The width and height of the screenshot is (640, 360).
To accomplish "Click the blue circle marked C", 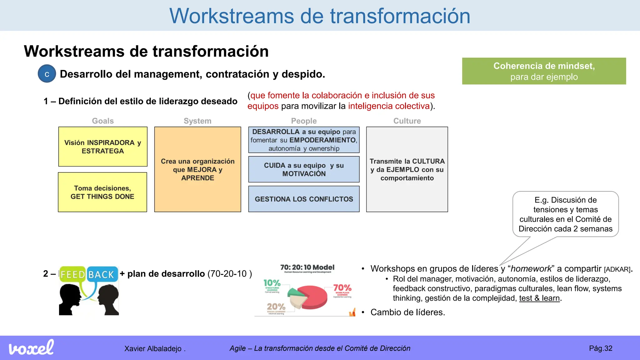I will [47, 74].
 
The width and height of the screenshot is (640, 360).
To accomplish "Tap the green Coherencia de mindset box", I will [544, 71].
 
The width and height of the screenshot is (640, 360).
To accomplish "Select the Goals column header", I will [102, 121].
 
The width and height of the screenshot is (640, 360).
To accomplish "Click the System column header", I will [197, 121].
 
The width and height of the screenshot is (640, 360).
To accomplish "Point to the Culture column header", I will [407, 121].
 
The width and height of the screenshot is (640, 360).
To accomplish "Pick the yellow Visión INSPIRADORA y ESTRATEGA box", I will [103, 147].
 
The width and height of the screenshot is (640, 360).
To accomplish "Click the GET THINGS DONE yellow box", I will [102, 192].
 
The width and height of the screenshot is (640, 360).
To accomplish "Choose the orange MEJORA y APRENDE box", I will [197, 169].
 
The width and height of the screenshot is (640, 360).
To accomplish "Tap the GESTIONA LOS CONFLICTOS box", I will [304, 199].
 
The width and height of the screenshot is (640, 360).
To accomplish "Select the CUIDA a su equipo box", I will [304, 169].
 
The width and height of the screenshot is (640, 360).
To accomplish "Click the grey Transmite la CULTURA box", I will [407, 169].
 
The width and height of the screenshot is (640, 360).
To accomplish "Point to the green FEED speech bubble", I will [72, 274].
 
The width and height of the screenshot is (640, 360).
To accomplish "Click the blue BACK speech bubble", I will [101, 274].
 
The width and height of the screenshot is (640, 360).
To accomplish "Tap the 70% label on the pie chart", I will [342, 287].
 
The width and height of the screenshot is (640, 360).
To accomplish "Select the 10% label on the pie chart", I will [272, 283].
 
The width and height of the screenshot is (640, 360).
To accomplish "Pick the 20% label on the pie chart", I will [276, 307].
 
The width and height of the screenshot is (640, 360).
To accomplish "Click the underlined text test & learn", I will [539, 298].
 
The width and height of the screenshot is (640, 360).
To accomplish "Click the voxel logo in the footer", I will [31, 348].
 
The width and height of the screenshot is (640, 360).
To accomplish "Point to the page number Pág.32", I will [601, 348].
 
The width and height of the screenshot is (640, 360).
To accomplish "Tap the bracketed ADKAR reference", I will [617, 269].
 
